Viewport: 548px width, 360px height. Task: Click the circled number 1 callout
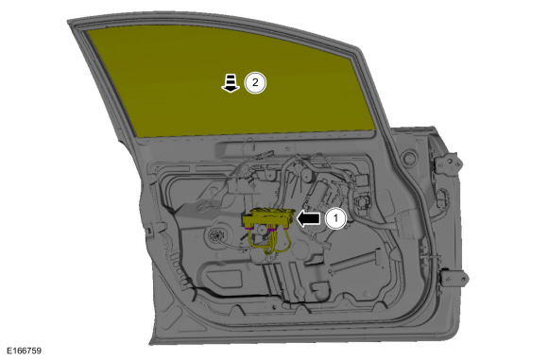[x=335, y=218]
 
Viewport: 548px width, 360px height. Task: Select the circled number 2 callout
[x=255, y=83]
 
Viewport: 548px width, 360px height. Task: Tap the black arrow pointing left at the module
[x=308, y=218]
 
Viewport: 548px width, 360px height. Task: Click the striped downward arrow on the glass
[x=231, y=83]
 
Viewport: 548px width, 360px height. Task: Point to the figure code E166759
[x=24, y=351]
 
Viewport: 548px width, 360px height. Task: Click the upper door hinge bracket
[x=448, y=163]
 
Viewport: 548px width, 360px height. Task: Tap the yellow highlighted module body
[x=268, y=218]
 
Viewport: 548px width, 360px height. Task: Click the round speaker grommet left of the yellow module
[x=217, y=235]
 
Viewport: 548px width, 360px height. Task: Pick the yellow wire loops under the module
[x=269, y=241]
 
